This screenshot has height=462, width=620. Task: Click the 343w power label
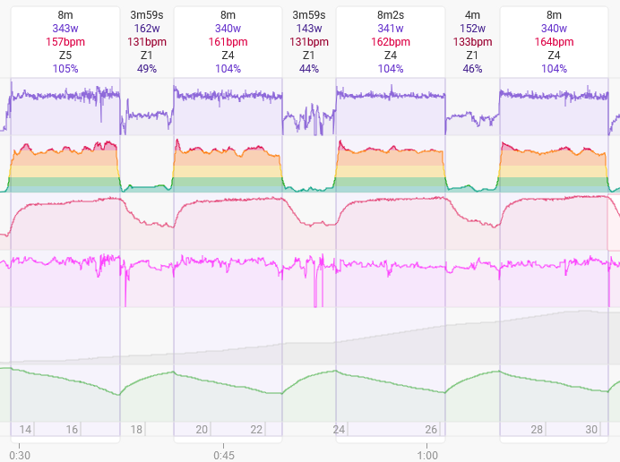click(65, 29)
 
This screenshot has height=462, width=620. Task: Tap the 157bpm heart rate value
click(65, 42)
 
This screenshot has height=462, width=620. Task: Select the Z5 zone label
click(65, 56)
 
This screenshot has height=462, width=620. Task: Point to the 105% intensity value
click(65, 69)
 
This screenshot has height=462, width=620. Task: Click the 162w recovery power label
click(147, 29)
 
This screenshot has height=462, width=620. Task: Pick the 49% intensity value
click(147, 69)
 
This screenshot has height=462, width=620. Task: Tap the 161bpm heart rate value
click(228, 42)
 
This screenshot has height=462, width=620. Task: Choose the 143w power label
click(309, 29)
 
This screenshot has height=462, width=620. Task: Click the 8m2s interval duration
click(391, 15)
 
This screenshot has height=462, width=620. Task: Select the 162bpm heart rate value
click(391, 42)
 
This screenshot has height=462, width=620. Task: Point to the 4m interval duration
click(472, 15)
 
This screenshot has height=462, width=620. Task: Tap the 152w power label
click(472, 29)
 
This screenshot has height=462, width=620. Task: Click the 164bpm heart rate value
click(554, 42)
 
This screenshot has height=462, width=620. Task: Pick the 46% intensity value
click(472, 69)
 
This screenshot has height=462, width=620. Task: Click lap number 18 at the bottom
click(137, 430)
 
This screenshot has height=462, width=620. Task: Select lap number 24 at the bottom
click(339, 430)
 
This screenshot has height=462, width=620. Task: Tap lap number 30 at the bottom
click(591, 430)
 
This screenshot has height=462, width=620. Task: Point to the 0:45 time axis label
click(224, 455)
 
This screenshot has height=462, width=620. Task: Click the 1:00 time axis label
click(427, 455)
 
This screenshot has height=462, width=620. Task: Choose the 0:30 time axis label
click(21, 455)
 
